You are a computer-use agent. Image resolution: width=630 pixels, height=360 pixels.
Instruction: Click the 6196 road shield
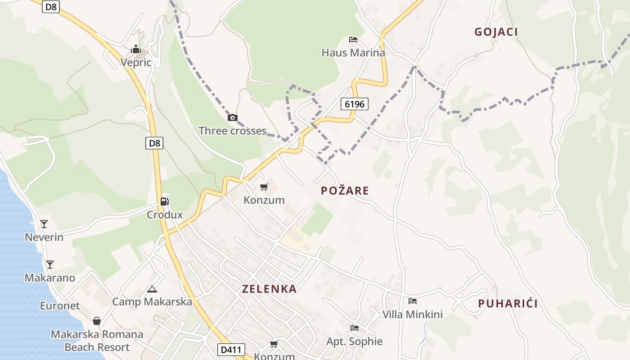click(x=355, y=104)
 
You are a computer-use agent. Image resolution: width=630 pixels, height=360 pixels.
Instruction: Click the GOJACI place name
click(x=496, y=32)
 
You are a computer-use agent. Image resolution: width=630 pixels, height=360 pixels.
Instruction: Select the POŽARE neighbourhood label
click(x=345, y=191)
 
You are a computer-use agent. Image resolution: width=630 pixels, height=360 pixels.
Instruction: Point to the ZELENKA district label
click(x=269, y=289)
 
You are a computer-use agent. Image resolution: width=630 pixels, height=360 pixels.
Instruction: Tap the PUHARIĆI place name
click(x=508, y=303)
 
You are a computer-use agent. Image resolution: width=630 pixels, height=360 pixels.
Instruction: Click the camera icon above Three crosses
click(x=232, y=118)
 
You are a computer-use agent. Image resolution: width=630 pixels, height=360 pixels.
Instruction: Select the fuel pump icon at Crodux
click(x=165, y=202)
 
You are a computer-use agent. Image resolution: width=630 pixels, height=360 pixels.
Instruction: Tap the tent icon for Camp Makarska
click(x=152, y=289)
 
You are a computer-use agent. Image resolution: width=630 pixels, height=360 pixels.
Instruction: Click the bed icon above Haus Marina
click(x=353, y=40)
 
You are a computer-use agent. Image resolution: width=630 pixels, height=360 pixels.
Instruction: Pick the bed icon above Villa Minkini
click(x=413, y=301)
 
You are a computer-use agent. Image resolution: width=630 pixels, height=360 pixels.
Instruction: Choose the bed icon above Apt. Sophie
click(x=355, y=328)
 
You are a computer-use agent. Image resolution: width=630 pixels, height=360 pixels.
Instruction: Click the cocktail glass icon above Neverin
click(x=44, y=224)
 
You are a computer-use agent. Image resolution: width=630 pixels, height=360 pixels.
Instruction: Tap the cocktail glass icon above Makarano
click(x=50, y=264)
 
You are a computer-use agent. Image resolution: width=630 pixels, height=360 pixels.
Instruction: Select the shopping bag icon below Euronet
click(x=97, y=321)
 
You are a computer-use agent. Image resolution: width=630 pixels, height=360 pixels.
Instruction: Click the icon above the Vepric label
click(x=136, y=49)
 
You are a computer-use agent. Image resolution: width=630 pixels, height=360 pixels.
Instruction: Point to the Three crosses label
click(x=233, y=131)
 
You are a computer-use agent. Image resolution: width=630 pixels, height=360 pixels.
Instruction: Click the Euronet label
click(x=60, y=306)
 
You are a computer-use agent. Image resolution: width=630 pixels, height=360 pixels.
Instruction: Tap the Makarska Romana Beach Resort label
click(x=97, y=341)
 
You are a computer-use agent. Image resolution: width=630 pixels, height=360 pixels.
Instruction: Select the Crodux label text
click(x=165, y=215)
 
